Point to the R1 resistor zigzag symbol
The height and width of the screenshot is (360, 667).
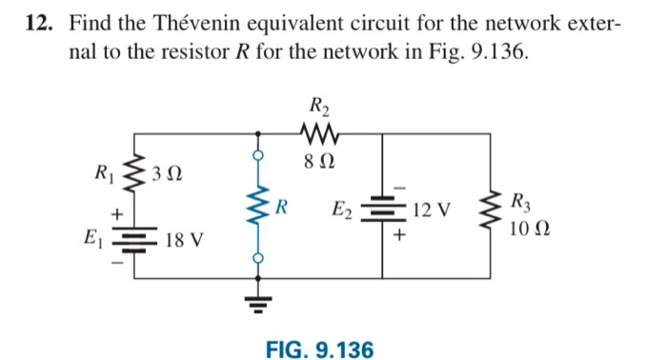(x=132, y=174)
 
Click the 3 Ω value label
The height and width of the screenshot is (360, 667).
(x=168, y=176)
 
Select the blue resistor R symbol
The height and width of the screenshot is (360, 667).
(x=255, y=206)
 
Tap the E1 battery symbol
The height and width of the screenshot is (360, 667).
(x=132, y=238)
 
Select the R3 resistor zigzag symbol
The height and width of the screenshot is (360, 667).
(x=492, y=209)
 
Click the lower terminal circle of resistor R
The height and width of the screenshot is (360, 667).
(x=255, y=257)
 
